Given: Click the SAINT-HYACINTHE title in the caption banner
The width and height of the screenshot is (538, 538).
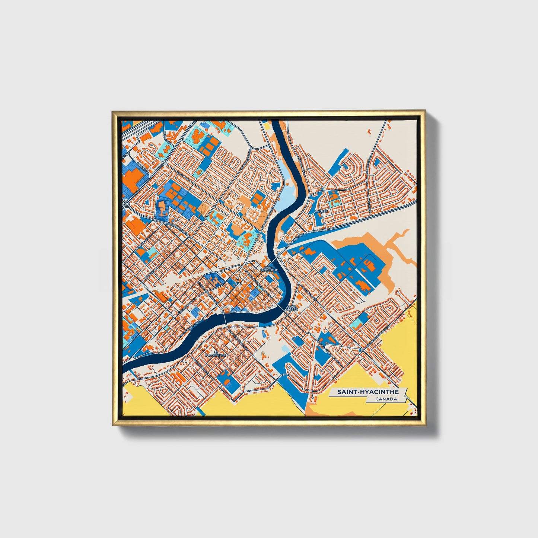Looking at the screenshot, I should [367, 392].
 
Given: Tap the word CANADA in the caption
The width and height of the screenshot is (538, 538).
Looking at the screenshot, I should [386, 399].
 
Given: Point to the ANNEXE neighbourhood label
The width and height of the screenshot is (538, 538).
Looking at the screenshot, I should [321, 211].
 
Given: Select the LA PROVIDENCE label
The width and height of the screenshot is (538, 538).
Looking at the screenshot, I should [216, 354].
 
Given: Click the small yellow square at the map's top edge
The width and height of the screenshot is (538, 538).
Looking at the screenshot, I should [267, 125].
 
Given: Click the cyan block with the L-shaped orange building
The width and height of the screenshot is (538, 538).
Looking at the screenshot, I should [359, 320].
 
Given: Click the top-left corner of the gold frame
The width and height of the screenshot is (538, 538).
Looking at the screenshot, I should [113, 111].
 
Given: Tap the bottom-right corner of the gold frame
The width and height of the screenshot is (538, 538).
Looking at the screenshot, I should [425, 426].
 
